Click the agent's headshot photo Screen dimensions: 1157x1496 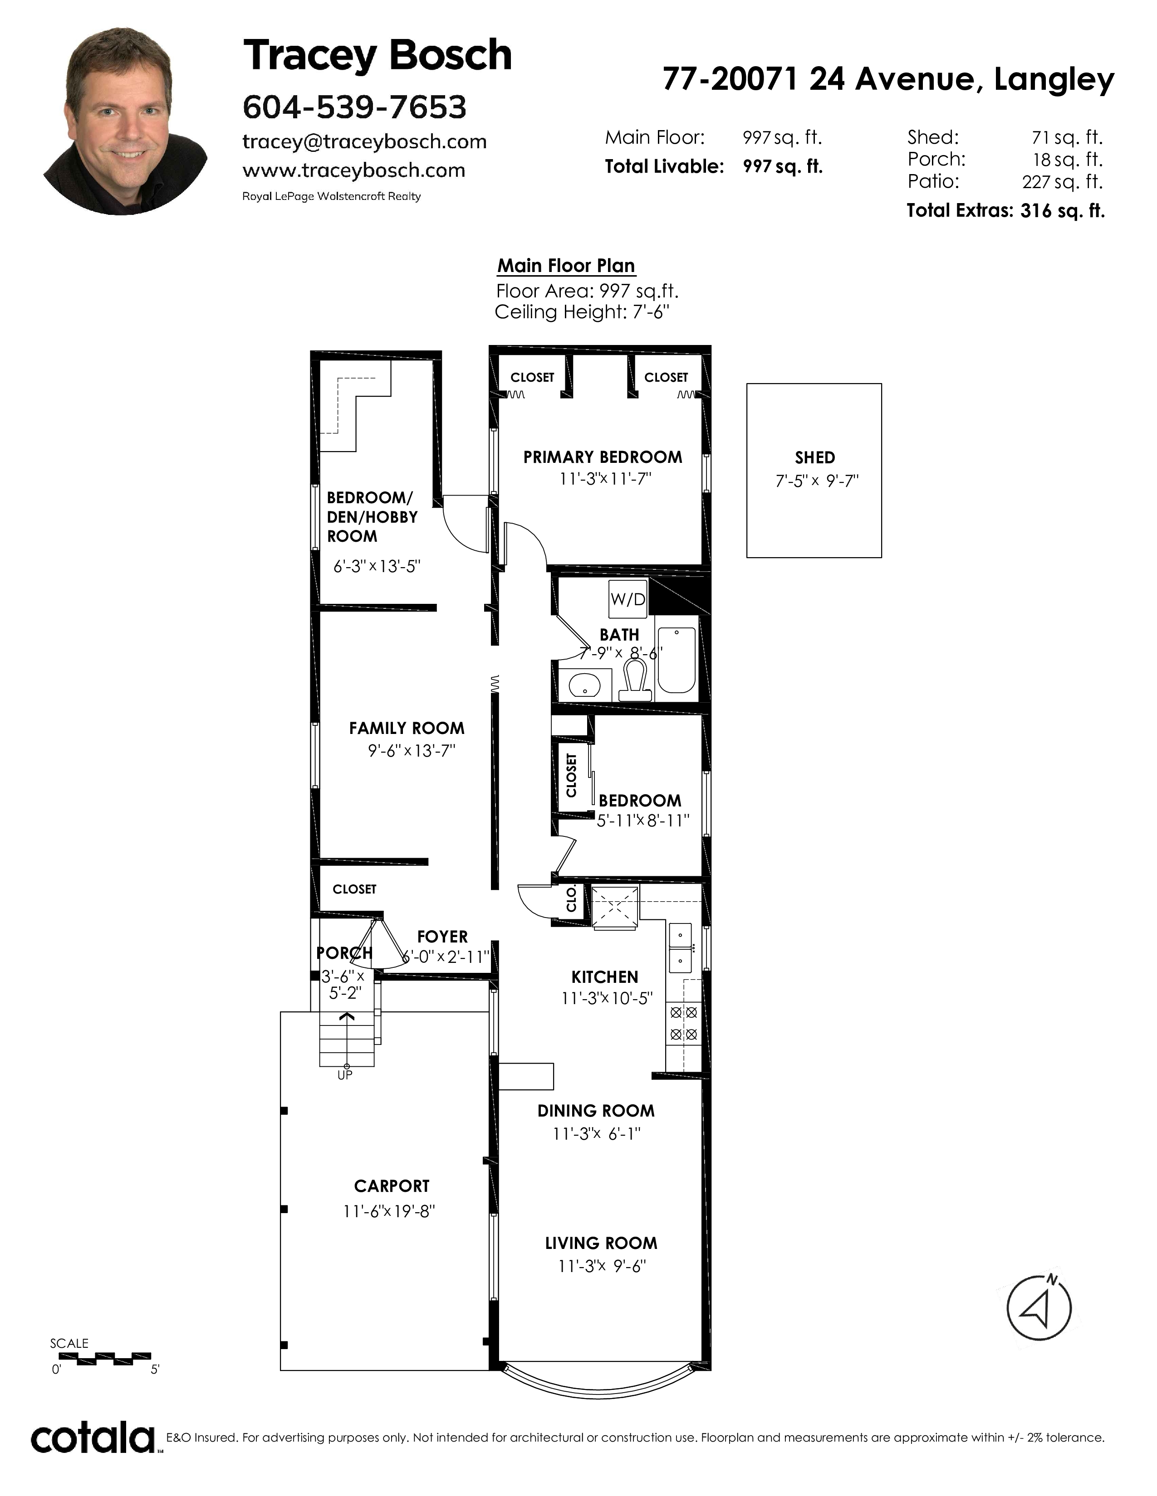(125, 121)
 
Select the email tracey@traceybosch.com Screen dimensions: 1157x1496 (365, 142)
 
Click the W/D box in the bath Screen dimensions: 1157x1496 (628, 599)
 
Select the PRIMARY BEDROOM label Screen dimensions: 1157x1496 (603, 457)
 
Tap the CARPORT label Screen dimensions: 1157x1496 (392, 1186)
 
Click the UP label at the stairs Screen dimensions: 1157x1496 (345, 1075)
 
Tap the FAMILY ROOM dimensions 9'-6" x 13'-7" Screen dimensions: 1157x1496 (411, 751)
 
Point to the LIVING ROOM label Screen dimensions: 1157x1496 (601, 1243)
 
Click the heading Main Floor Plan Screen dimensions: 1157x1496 (566, 266)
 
